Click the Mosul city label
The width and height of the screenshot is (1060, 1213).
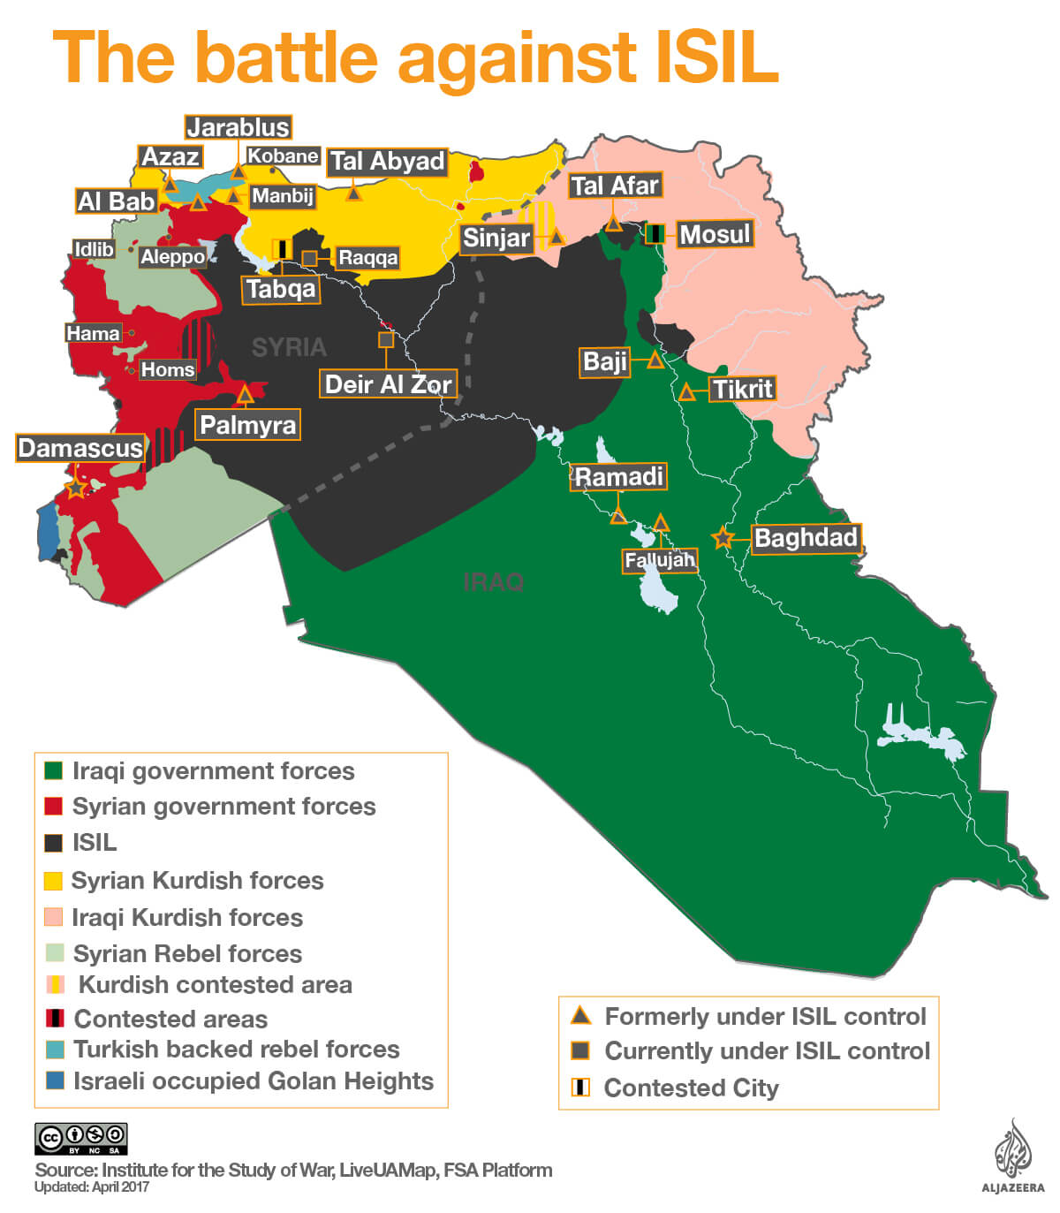(x=715, y=234)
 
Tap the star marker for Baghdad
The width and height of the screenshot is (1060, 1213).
(x=723, y=537)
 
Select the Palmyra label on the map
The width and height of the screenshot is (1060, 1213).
(x=247, y=425)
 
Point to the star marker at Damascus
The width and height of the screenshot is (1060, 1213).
(x=76, y=487)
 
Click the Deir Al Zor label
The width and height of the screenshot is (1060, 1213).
(x=388, y=384)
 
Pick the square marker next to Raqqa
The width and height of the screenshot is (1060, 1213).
(x=310, y=258)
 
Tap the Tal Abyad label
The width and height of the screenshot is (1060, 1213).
(x=387, y=162)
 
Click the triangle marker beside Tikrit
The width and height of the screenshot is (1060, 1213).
(x=686, y=392)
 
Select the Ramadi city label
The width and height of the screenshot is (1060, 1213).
(x=618, y=477)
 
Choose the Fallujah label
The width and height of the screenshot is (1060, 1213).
(x=660, y=560)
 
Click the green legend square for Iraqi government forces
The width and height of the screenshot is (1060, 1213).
(x=54, y=770)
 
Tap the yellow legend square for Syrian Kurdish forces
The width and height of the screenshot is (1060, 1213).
(x=54, y=880)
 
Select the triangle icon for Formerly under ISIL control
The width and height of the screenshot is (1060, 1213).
(x=580, y=1015)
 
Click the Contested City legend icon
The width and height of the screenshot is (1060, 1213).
(x=580, y=1087)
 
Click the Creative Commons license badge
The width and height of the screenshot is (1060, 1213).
(x=80, y=1138)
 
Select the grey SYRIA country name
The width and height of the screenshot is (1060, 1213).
(x=289, y=347)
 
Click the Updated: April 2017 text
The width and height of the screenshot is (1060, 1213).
(x=92, y=1186)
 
